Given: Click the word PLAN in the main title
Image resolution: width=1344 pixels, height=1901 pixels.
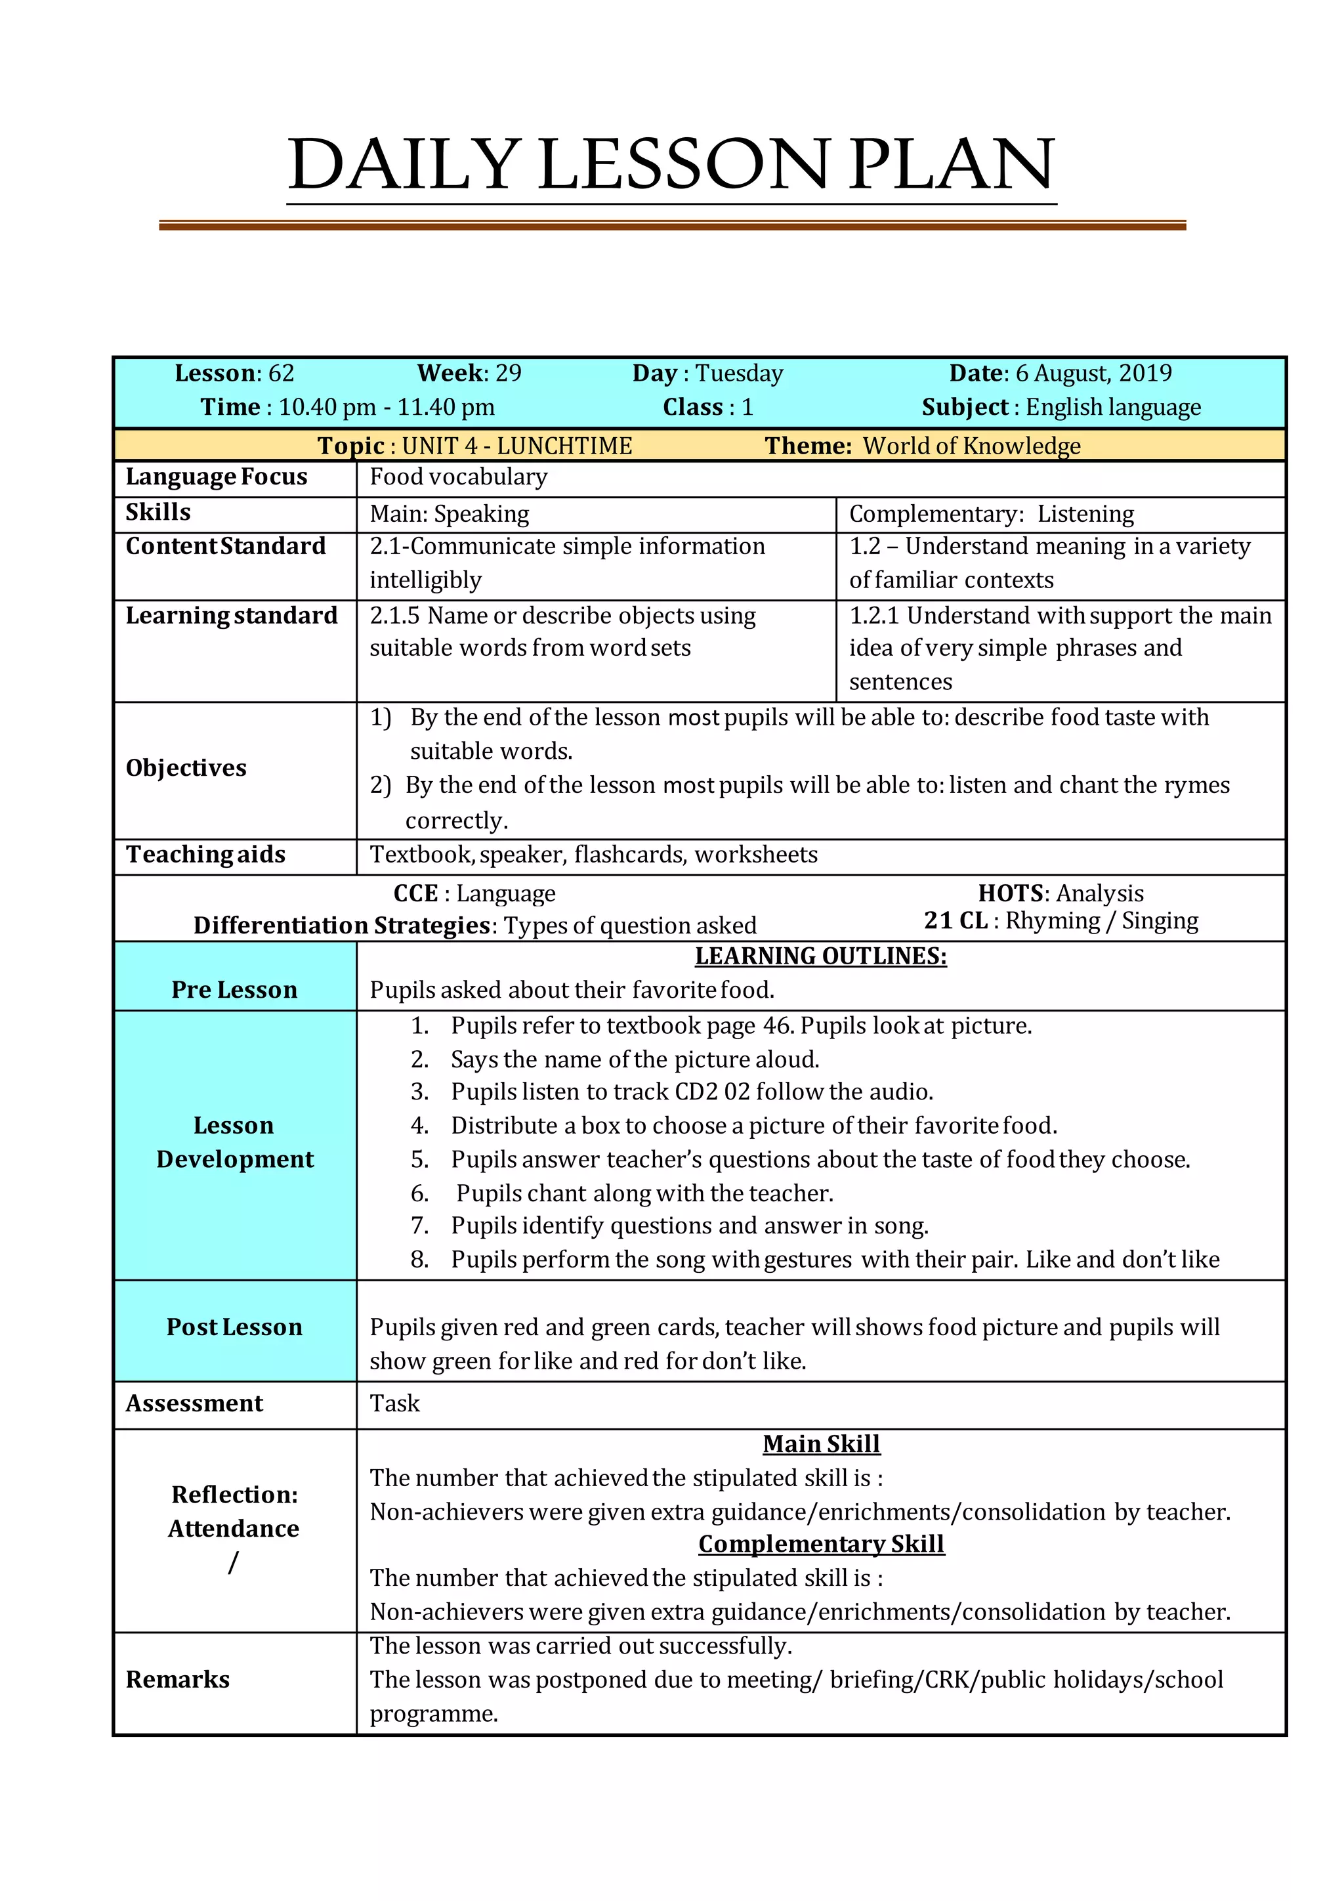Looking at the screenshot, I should pyautogui.click(x=951, y=164).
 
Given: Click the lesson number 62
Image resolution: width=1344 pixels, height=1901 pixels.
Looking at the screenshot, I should pyautogui.click(x=281, y=374).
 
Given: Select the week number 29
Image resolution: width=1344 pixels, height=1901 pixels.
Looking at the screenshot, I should pyautogui.click(x=508, y=374).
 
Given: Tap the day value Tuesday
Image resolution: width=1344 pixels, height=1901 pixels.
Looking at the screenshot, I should pyautogui.click(x=738, y=374).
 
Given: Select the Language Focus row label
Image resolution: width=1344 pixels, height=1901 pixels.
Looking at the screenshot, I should pyautogui.click(x=216, y=477).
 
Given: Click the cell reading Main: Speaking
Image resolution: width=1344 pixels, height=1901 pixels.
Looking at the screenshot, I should pyautogui.click(x=449, y=514).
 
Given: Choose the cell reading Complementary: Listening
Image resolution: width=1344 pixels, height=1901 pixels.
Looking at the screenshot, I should pyautogui.click(x=991, y=514).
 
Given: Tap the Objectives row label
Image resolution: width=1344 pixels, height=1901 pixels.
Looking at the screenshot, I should pyautogui.click(x=186, y=769).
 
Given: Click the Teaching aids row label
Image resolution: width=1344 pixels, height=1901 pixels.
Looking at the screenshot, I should pyautogui.click(x=205, y=855).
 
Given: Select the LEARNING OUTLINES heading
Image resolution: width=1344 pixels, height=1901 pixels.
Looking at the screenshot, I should pyautogui.click(x=820, y=956).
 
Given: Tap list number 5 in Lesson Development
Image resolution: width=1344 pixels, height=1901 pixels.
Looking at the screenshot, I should pyautogui.click(x=419, y=1160).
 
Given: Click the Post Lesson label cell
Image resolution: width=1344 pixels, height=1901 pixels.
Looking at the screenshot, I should pyautogui.click(x=234, y=1327).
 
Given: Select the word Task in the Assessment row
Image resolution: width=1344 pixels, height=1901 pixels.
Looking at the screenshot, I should pyautogui.click(x=395, y=1404).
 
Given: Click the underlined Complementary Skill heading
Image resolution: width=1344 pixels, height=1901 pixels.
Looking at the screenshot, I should pyautogui.click(x=820, y=1544).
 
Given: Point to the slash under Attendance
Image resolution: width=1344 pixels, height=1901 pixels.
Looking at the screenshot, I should pyautogui.click(x=234, y=1562).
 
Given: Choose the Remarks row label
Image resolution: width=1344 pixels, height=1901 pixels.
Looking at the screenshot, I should pyautogui.click(x=178, y=1680).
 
